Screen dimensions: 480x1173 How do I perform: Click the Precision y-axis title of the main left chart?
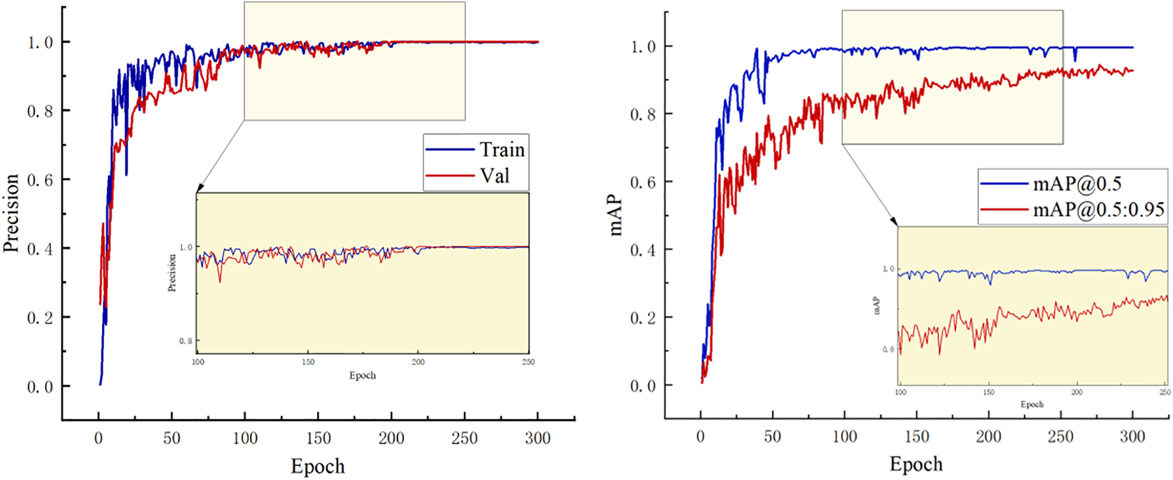[x=11, y=213]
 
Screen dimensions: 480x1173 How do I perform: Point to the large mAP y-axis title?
[x=615, y=217]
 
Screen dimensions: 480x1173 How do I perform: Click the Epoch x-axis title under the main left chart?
[x=318, y=466]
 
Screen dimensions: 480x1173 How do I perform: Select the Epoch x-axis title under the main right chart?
[x=916, y=463]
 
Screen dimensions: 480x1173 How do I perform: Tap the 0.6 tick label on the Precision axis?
[x=40, y=180]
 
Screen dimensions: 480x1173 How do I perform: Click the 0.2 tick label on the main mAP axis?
[x=643, y=318]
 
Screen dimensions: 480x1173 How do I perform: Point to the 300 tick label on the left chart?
[x=538, y=438]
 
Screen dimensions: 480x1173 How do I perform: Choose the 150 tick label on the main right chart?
[x=916, y=436]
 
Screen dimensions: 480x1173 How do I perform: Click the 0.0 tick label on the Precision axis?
[x=40, y=386]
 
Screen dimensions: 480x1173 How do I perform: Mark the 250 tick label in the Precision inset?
[x=528, y=362]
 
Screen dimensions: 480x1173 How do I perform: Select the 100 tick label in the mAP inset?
[x=901, y=392]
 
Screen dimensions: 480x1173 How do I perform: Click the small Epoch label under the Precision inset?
[x=362, y=375]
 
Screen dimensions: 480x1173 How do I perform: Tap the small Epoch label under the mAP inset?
[x=1032, y=404]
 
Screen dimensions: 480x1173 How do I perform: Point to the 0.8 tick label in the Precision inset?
[x=185, y=341]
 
